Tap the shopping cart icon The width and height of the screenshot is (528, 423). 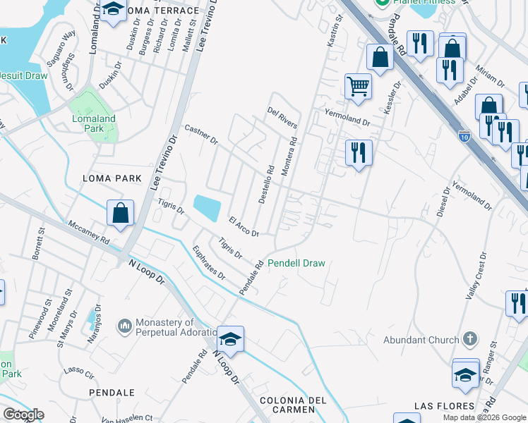[x=358, y=86]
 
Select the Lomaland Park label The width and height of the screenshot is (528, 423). [x=94, y=124]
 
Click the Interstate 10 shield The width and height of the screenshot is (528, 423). [x=464, y=133]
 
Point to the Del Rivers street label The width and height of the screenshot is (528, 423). [x=282, y=119]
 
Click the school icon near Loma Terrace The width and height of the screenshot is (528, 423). [x=112, y=11]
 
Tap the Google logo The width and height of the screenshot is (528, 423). [x=23, y=415]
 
